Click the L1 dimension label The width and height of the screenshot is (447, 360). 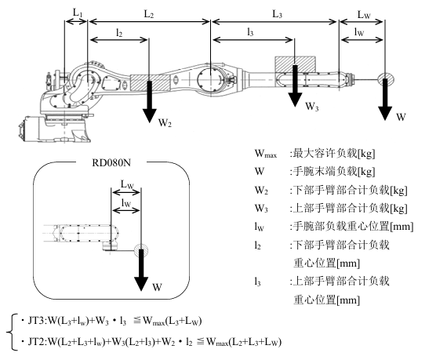tap(78, 13)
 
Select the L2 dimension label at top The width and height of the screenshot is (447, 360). tap(148, 13)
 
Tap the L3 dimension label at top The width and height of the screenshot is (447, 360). tap(277, 13)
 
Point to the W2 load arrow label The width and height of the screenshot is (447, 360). tap(165, 123)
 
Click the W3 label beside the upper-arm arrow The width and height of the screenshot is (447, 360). tap(312, 107)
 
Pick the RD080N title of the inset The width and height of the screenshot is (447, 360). tap(111, 162)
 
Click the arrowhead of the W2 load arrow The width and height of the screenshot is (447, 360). tap(149, 116)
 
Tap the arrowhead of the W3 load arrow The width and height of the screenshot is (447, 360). tap(295, 100)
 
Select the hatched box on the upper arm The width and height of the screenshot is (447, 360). tap(295, 64)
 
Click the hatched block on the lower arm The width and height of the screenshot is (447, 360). tap(150, 83)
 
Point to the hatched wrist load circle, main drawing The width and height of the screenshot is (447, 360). tap(385, 78)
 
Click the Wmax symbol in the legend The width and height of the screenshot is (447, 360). tap(265, 154)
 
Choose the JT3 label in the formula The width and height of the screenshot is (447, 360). tap(36, 321)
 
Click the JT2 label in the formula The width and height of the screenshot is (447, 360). tap(36, 341)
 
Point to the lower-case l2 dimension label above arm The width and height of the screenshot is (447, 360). tap(119, 33)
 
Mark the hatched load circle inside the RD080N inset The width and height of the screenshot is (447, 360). tap(141, 250)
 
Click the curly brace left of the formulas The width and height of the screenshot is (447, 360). tap(11, 332)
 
